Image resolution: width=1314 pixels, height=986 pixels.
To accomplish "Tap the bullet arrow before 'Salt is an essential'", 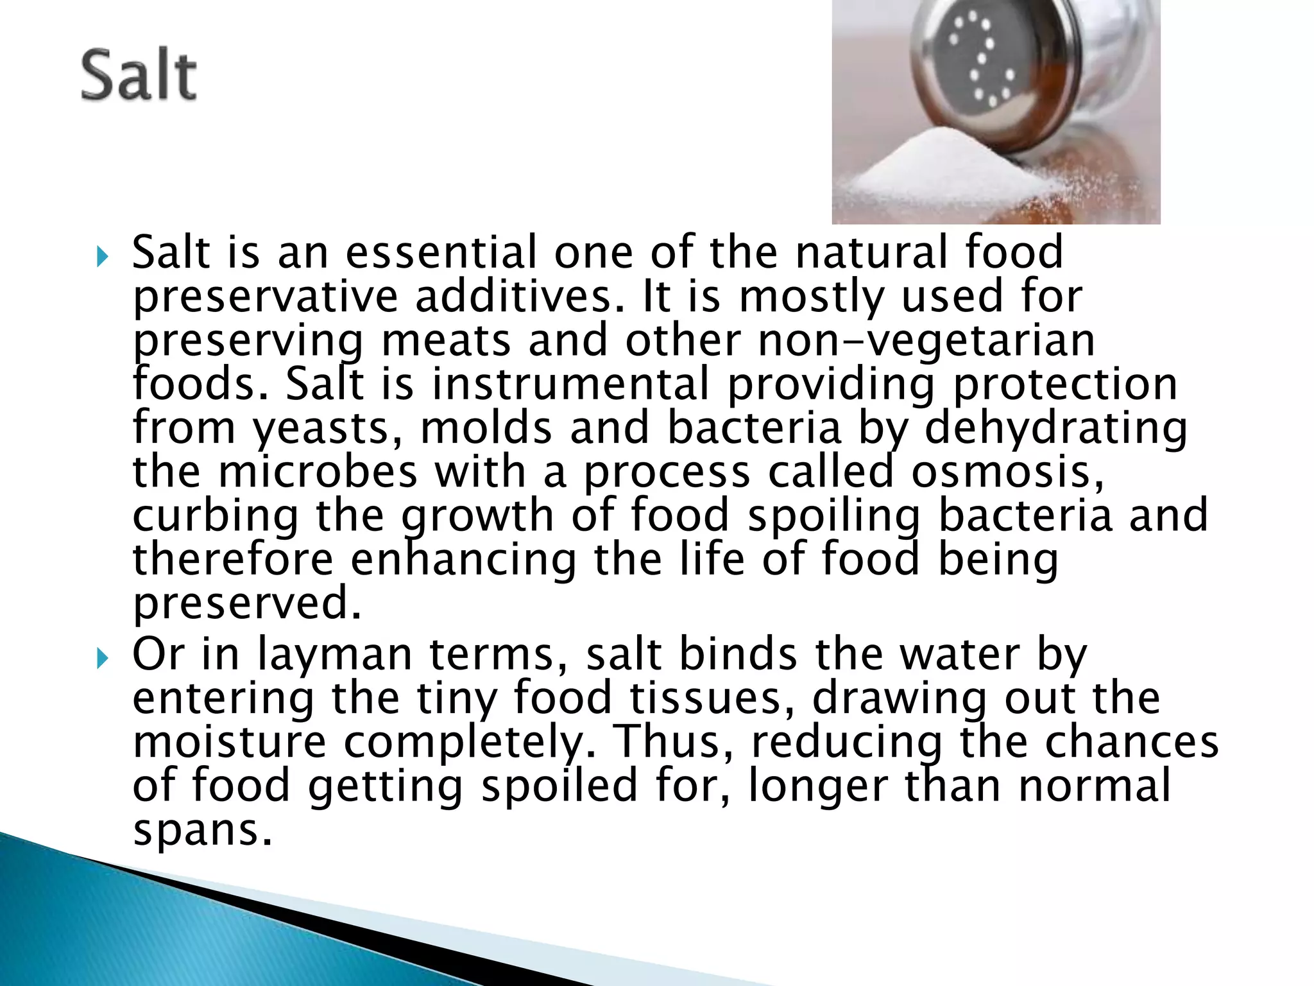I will pyautogui.click(x=102, y=257).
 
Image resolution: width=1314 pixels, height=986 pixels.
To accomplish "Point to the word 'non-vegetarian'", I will pyautogui.click(x=926, y=341).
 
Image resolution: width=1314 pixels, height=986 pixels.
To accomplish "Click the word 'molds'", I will pyautogui.click(x=486, y=429).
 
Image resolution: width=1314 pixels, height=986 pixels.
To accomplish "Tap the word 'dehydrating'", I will pyautogui.click(x=1055, y=429).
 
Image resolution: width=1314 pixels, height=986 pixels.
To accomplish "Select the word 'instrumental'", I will pyautogui.click(x=570, y=385).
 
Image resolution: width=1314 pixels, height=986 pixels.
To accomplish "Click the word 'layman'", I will pyautogui.click(x=334, y=655).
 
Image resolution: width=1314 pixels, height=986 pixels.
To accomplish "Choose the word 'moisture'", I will pyautogui.click(x=229, y=742).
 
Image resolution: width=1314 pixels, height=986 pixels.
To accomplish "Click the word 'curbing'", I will pyautogui.click(x=216, y=517).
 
